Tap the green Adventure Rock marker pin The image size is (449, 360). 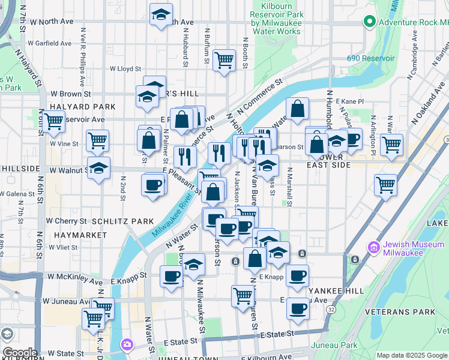[x=369, y=23]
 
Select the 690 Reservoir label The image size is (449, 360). [x=370, y=58]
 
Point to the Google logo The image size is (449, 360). [x=19, y=352]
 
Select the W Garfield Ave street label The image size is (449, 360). [x=50, y=43]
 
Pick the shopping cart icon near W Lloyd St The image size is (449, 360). [x=224, y=59]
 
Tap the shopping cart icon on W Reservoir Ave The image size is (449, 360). [x=53, y=121]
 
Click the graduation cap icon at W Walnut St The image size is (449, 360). [x=98, y=167]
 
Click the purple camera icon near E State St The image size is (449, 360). [x=127, y=344]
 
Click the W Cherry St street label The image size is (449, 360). [x=67, y=221]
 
